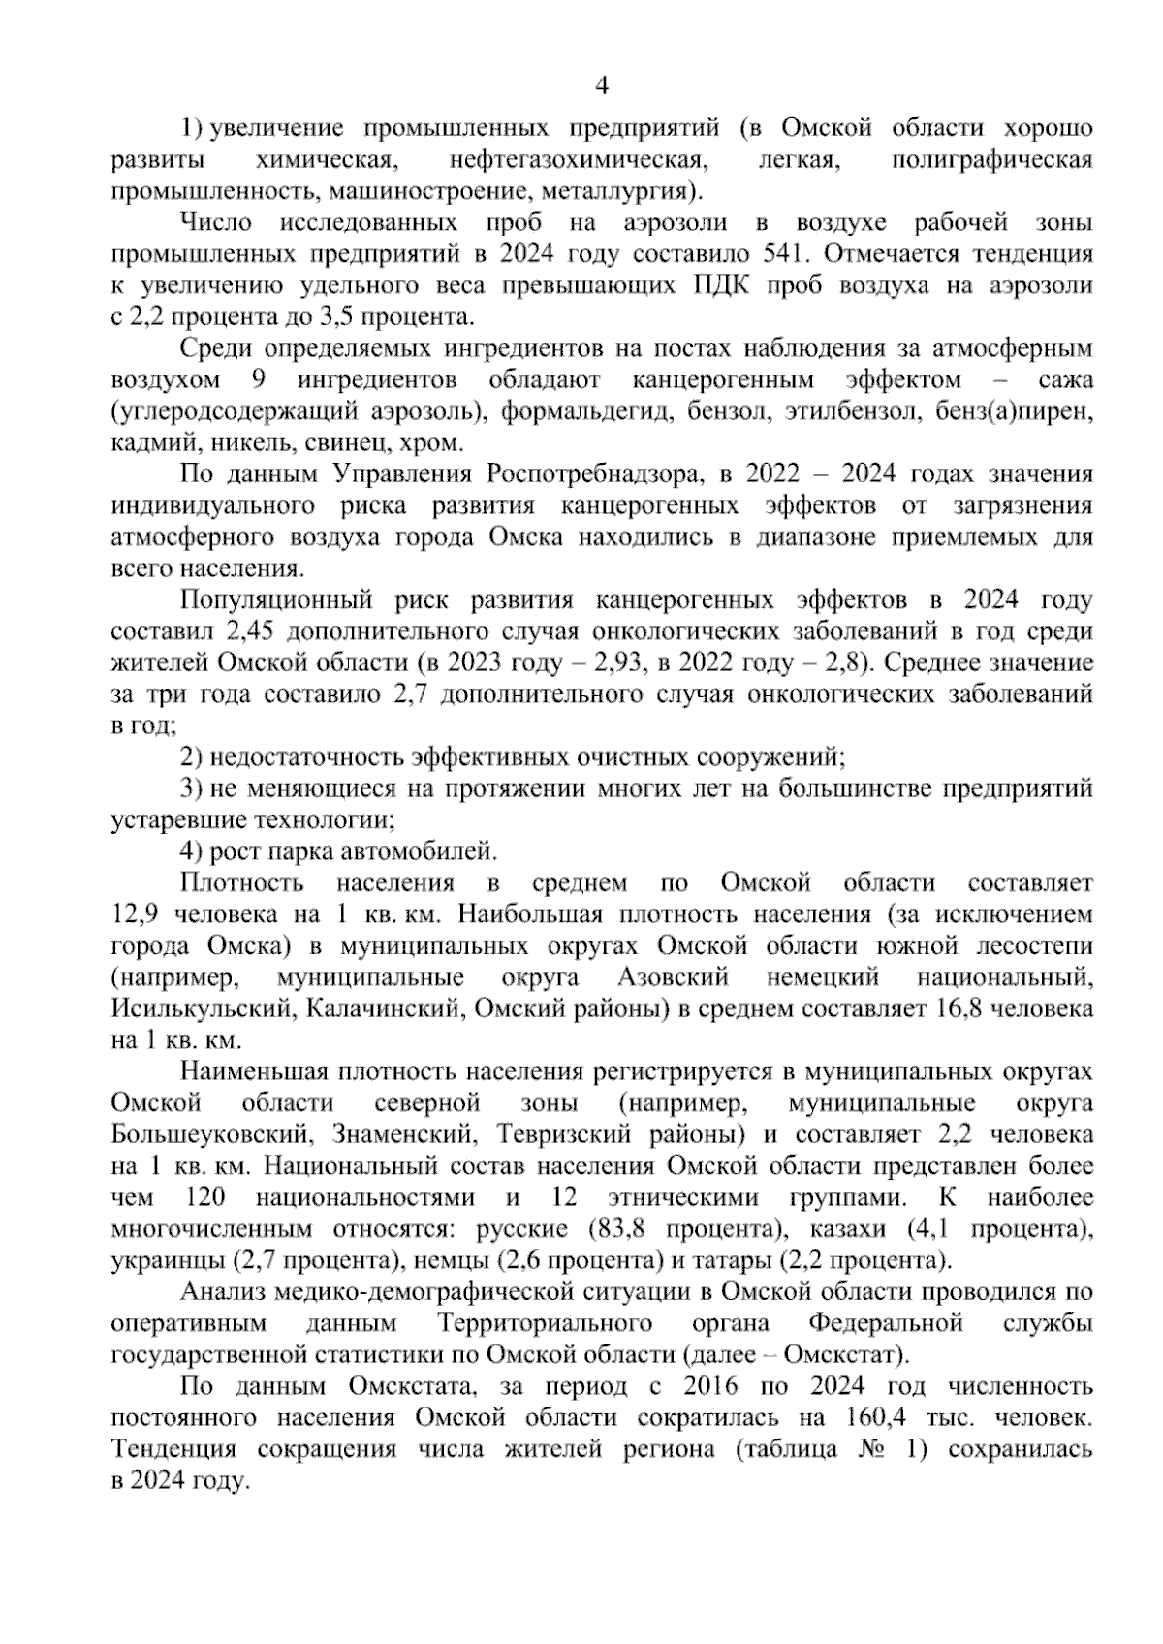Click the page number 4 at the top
pyautogui.click(x=601, y=86)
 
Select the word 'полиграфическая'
pyautogui.click(x=991, y=159)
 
